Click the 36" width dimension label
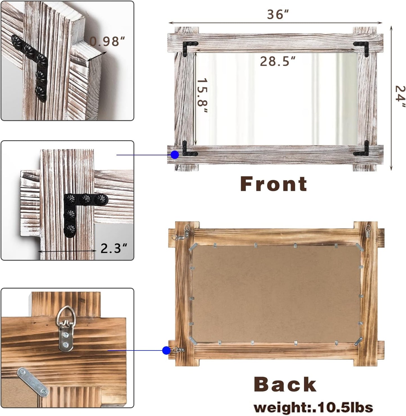point(278,14)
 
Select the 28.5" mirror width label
point(277,61)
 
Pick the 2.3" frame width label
point(114,248)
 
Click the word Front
point(273,184)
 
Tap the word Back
point(285,385)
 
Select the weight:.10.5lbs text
point(313,407)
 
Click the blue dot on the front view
point(175,155)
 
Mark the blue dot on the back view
point(166,350)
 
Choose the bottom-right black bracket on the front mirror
point(363,150)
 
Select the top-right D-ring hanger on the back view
point(368,231)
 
